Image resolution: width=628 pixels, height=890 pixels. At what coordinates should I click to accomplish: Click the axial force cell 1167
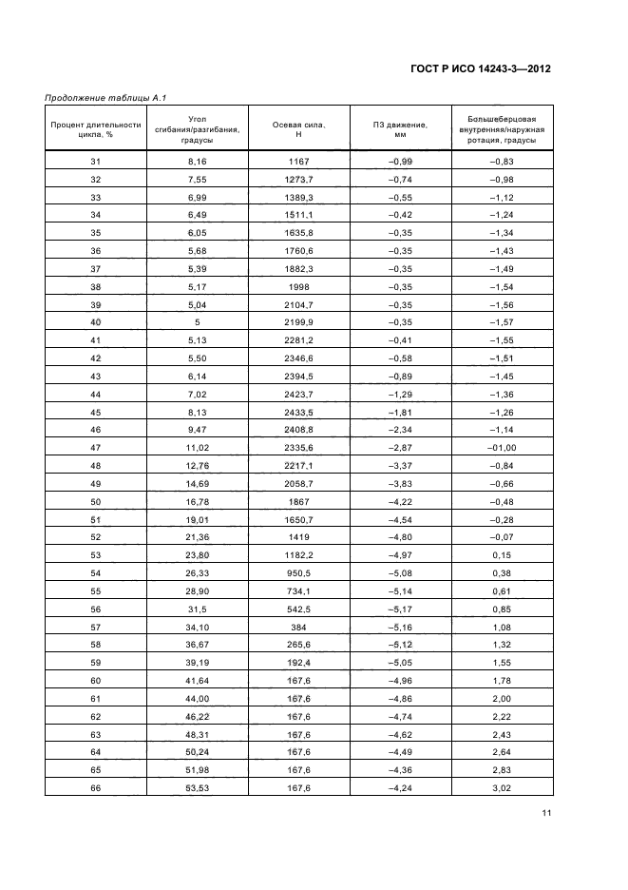(298, 163)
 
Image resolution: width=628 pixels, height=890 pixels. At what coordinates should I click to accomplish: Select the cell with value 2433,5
(298, 413)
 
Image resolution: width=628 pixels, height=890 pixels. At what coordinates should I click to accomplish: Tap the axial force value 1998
(298, 287)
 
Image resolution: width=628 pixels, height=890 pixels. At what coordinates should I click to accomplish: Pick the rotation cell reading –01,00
(502, 448)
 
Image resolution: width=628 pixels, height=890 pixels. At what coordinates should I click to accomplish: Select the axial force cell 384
(298, 627)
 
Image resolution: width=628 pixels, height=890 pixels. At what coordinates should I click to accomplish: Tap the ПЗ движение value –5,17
(400, 609)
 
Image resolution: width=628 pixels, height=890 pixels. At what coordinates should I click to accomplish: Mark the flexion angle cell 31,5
(197, 609)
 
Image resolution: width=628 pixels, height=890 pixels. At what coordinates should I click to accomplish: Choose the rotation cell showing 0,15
(502, 555)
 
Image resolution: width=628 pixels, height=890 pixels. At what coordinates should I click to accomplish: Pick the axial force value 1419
(298, 537)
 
